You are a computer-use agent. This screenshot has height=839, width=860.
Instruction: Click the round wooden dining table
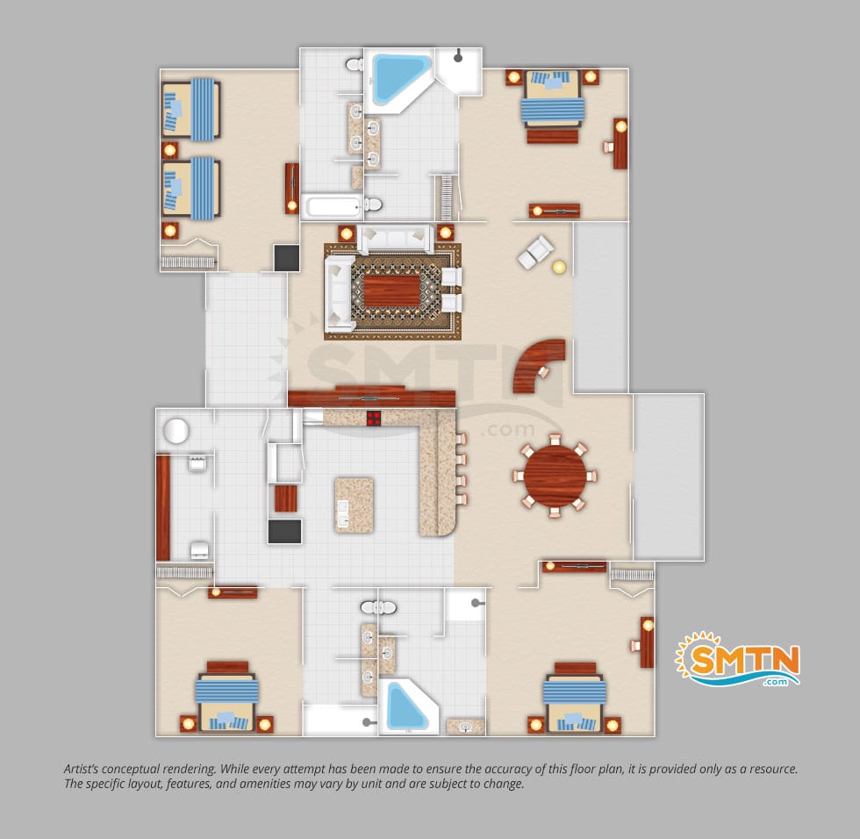click(555, 474)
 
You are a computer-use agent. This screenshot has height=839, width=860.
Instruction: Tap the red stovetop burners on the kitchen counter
click(374, 418)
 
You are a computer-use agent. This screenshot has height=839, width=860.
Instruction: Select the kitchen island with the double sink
click(355, 505)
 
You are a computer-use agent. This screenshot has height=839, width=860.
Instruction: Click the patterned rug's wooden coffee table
click(391, 291)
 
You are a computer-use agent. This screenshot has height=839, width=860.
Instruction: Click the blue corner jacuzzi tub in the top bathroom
click(398, 80)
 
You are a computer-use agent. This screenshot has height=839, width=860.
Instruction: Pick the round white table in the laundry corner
click(176, 431)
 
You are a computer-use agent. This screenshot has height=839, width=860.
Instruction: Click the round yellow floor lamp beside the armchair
click(558, 268)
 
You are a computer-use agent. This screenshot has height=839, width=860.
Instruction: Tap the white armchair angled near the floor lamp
click(535, 252)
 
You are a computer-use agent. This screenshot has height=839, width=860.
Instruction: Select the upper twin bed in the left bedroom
click(191, 109)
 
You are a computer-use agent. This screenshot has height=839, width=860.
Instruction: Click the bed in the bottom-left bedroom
click(226, 697)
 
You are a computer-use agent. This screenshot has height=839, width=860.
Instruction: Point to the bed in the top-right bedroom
click(554, 103)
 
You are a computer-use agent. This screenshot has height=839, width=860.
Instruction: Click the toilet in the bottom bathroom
click(378, 607)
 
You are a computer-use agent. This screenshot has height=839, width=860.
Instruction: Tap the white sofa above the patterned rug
click(395, 238)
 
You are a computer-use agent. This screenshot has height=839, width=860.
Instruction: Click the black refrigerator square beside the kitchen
click(284, 531)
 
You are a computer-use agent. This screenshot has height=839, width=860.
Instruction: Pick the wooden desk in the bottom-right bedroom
click(648, 642)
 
